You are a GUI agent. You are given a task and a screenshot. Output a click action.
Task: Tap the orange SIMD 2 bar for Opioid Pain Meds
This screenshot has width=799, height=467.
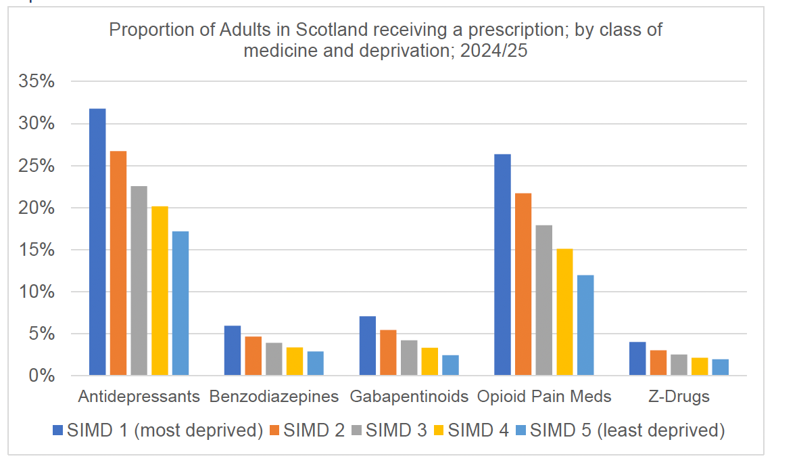point(523,284)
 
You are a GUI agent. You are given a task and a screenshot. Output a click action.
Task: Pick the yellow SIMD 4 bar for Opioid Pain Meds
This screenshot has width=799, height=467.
point(564,312)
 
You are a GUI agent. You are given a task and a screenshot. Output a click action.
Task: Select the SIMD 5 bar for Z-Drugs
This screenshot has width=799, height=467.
point(721,367)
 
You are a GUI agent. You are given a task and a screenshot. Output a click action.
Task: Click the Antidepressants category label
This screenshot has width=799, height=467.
point(139,397)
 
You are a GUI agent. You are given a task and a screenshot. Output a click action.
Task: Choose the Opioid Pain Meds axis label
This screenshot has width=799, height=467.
point(544,397)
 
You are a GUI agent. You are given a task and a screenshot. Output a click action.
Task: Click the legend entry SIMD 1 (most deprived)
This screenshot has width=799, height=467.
point(165,430)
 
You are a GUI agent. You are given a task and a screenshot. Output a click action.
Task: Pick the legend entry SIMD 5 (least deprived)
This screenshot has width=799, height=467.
point(627,430)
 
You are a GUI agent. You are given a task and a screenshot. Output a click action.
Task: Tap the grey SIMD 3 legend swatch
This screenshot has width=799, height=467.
point(356,430)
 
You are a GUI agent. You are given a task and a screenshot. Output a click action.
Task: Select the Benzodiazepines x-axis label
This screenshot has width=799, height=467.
point(274,397)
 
